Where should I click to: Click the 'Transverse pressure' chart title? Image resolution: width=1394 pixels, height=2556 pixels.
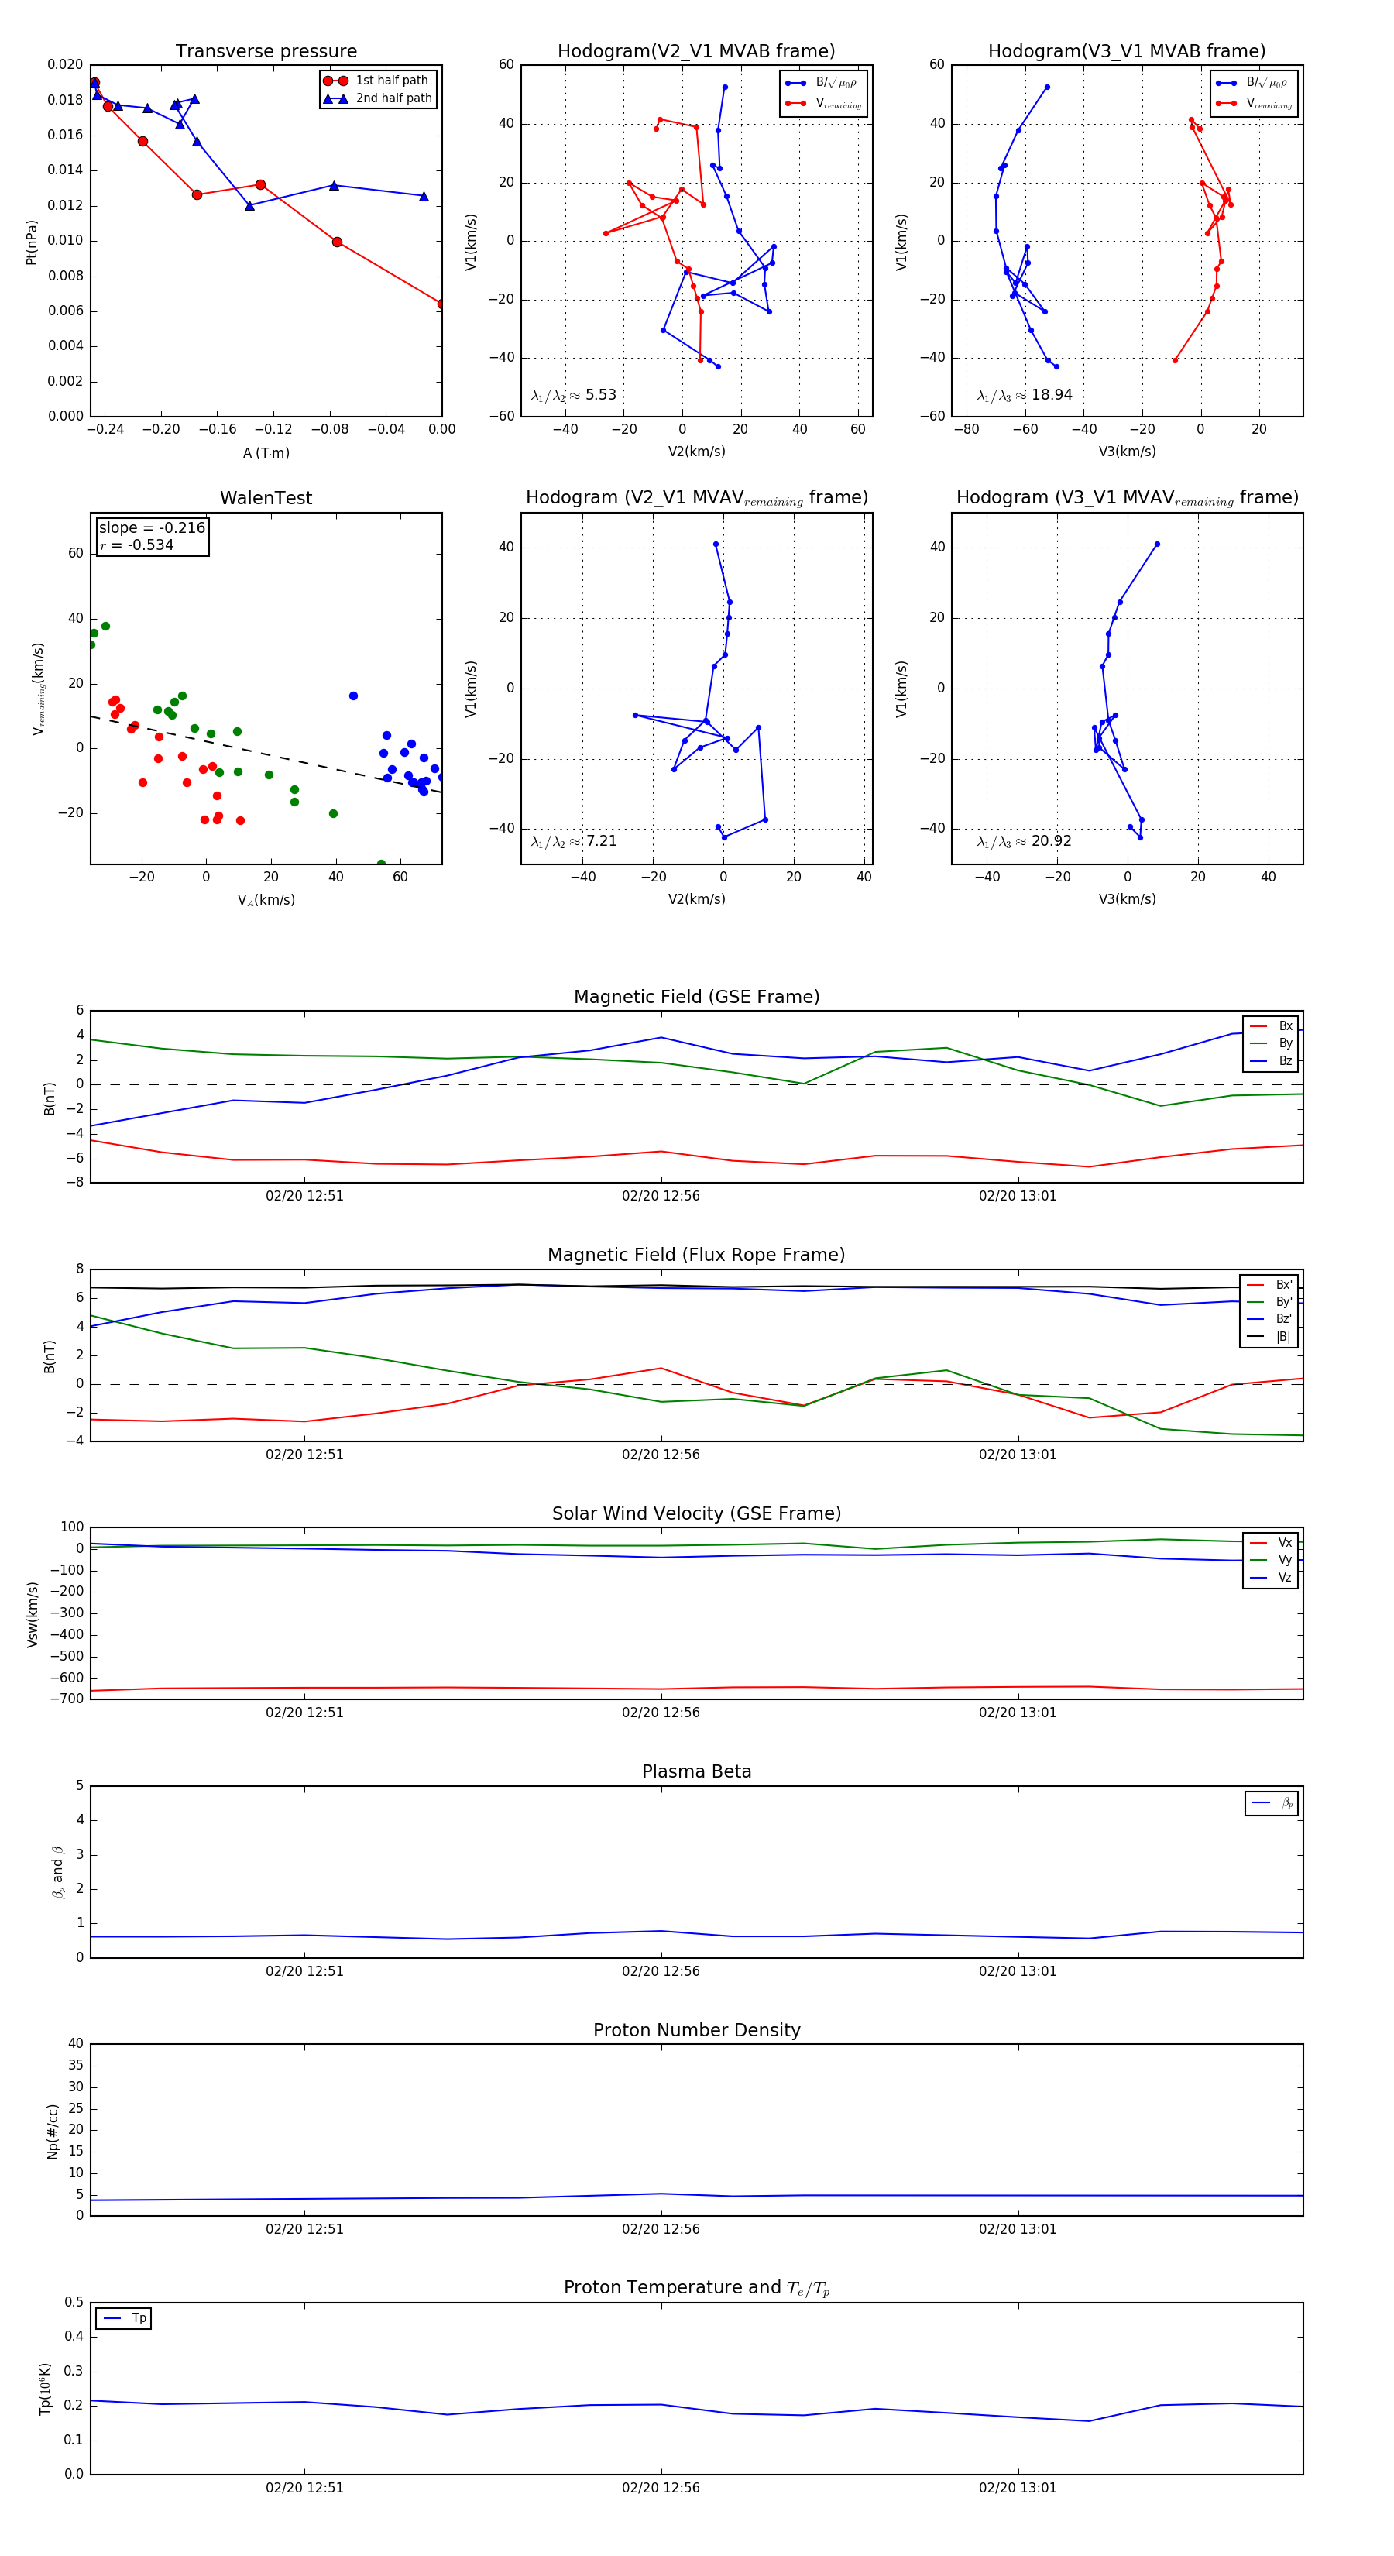(266, 52)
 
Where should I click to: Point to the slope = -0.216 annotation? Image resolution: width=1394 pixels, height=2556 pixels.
(152, 528)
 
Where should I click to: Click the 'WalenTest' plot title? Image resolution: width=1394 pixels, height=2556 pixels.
(266, 498)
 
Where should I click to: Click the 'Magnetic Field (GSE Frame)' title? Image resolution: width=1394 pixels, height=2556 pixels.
(696, 997)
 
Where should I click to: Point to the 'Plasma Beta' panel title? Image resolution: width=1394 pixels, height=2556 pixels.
(696, 1772)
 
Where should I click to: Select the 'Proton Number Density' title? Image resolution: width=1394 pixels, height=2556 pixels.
(696, 2030)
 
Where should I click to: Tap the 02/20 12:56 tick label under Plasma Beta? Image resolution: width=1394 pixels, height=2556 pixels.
(661, 1971)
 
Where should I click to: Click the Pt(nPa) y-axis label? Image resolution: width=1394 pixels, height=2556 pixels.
(32, 242)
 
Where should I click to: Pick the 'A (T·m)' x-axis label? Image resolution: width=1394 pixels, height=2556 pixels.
(266, 453)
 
